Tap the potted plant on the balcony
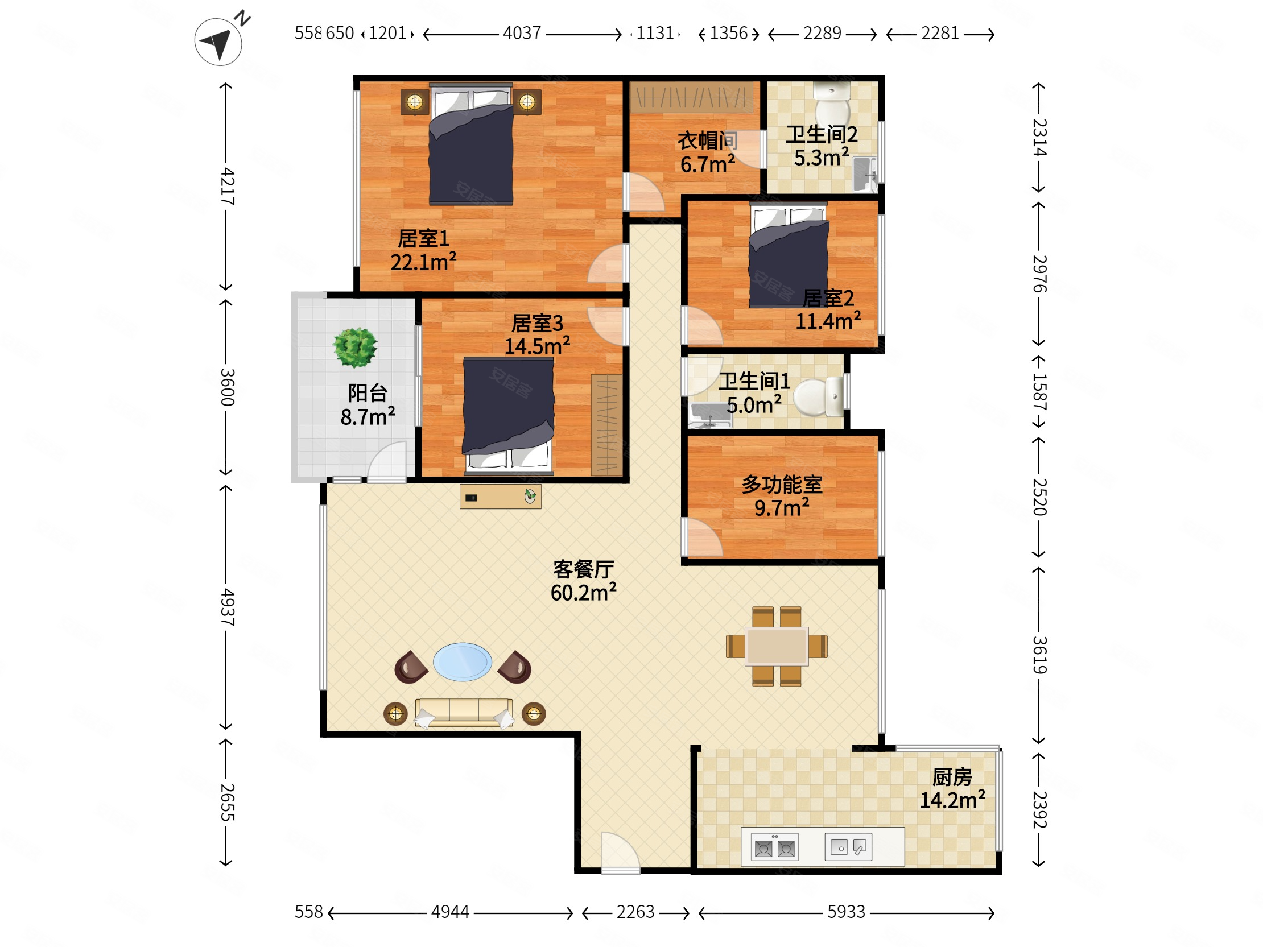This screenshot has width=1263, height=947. coord(355,347)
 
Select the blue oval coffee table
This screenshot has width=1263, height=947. coord(463,662)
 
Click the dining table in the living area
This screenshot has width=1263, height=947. coord(777,646)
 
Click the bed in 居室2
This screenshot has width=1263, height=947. coord(789,255)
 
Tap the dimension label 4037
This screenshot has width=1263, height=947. coord(522,33)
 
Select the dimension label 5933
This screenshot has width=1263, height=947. coord(846,912)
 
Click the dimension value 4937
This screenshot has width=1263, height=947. coord(227,607)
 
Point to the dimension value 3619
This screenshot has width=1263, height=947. coord(1039,655)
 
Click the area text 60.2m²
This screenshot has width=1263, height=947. coord(584,593)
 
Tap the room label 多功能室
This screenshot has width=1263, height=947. coord(782,485)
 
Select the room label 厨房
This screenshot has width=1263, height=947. coord(952,777)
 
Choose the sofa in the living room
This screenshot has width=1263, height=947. coord(464,714)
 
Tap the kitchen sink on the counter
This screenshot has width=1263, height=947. coord(848,847)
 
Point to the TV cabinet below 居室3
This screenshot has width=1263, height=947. coord(500,497)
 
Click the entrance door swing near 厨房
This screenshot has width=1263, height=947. coord(620,851)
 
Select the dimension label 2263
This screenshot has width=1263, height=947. coord(635,912)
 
